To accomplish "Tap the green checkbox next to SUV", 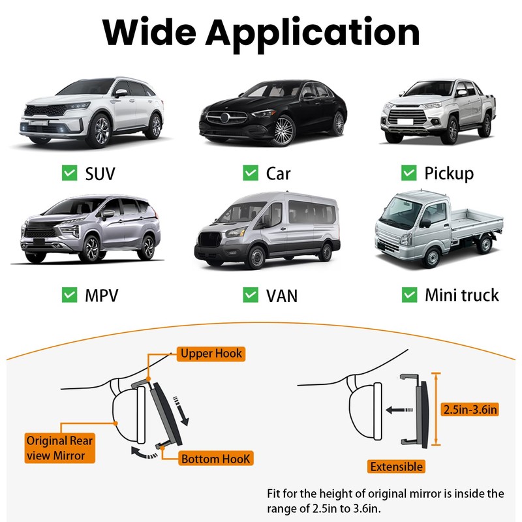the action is tap(70, 173).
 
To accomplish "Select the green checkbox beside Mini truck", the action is tap(410, 295).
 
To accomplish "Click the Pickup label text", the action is tap(449, 174).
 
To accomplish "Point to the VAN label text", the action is tap(282, 296).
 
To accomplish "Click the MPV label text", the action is tap(102, 296).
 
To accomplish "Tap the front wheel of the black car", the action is tap(284, 130).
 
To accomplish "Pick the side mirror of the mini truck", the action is tap(425, 223).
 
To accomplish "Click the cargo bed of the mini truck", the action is tap(477, 221).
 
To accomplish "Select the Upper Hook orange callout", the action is tap(211, 354).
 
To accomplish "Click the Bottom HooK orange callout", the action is tap(216, 459).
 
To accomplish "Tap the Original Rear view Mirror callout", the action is tap(60, 448).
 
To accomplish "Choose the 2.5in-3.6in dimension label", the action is tap(470, 409).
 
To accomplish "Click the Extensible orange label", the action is tap(396, 467).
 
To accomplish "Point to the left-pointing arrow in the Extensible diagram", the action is tap(399, 410).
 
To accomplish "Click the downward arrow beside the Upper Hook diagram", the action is tap(181, 412).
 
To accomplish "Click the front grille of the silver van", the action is tap(209, 239).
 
